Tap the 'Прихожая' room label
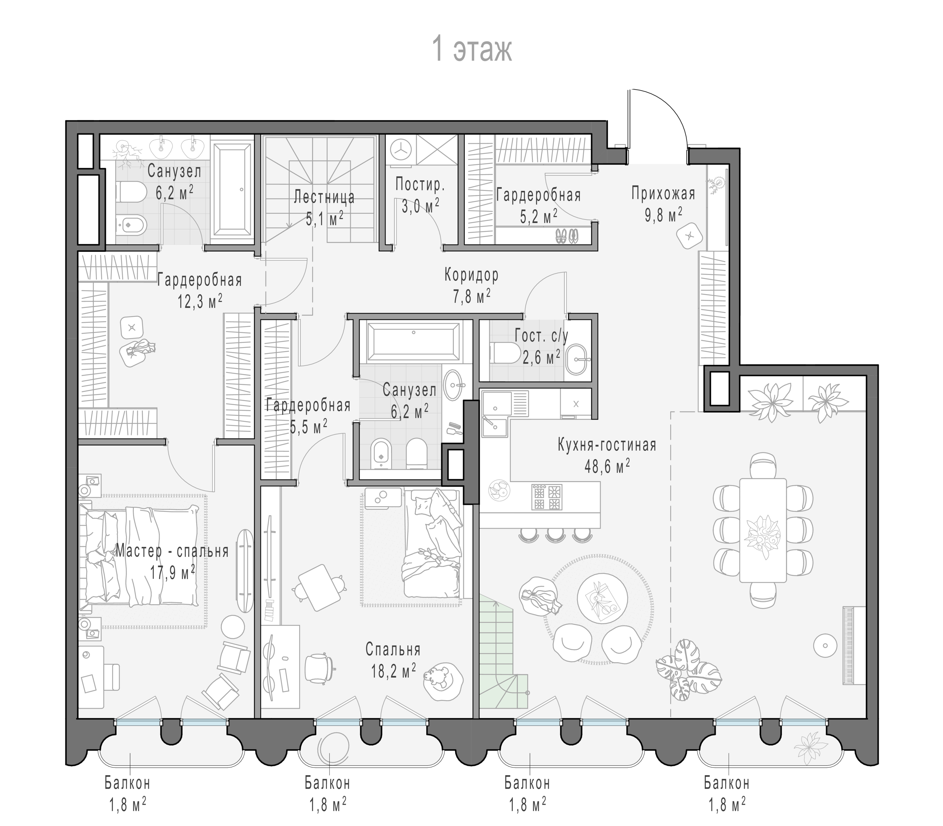[x=663, y=194]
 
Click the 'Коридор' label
[x=471, y=275]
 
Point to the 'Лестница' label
[x=325, y=197]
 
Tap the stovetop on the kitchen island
[x=546, y=497]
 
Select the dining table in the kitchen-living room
[x=763, y=530]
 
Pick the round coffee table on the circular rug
[x=601, y=600]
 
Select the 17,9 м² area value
[x=172, y=573]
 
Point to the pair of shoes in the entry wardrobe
[x=566, y=236]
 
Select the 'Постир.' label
[x=420, y=185]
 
